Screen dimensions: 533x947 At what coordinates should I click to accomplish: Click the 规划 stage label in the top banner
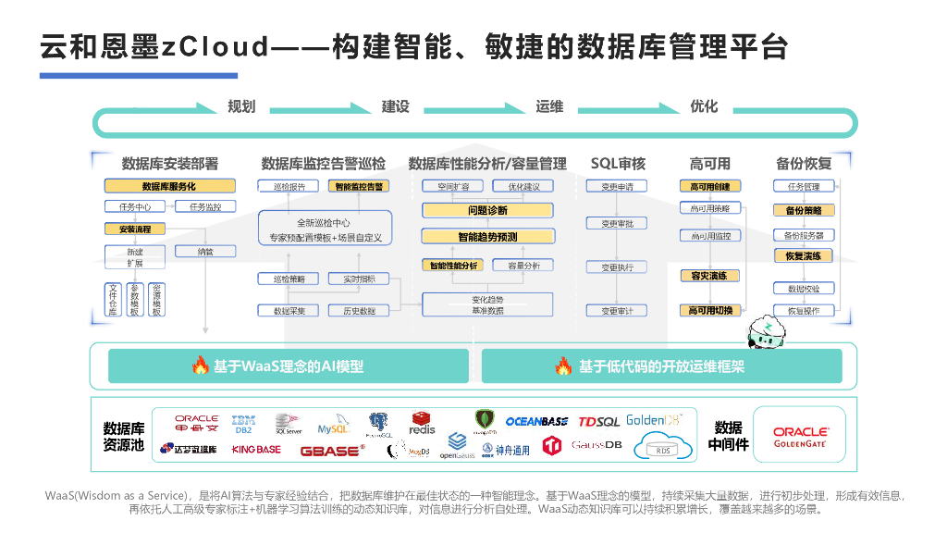point(241,106)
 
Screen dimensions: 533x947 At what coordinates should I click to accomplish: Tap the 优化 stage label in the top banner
point(704,106)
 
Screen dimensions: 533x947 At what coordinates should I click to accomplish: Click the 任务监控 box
point(204,207)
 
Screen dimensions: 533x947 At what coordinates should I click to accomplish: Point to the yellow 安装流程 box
point(129,229)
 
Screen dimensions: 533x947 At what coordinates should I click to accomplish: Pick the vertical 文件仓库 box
point(113,299)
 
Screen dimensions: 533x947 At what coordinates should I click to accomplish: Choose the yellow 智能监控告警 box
point(359,186)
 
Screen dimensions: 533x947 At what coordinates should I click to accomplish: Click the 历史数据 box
point(359,311)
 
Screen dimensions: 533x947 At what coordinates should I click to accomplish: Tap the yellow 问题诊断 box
point(487,211)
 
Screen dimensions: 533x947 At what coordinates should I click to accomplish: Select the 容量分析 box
point(523,266)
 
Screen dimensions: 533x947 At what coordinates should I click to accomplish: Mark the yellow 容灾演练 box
point(709,276)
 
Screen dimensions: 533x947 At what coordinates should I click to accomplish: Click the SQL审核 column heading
point(618,164)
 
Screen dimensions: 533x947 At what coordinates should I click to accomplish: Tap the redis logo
point(423,424)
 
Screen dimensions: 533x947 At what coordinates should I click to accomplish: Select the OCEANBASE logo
point(536,421)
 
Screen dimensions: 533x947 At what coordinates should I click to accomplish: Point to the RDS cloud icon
point(663,448)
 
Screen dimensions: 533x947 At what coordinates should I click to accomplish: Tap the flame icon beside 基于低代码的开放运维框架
point(563,366)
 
